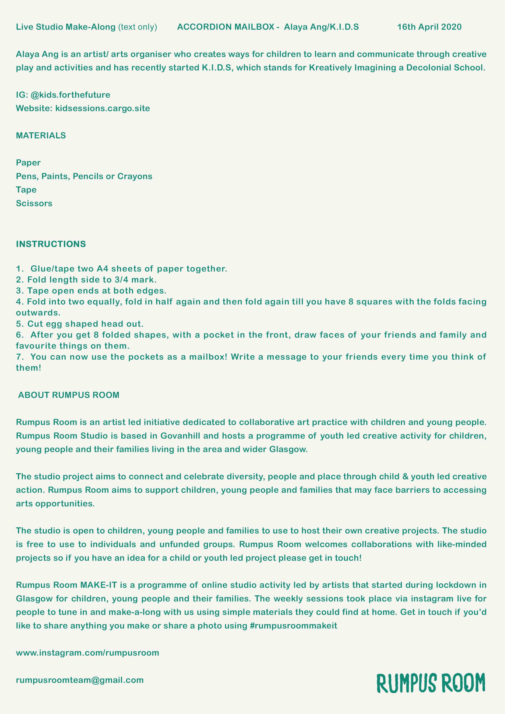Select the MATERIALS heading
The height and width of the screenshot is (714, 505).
[41, 136]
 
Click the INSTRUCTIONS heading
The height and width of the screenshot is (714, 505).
[51, 244]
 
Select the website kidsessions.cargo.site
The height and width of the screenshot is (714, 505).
[102, 108]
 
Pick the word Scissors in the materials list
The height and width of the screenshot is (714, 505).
[34, 203]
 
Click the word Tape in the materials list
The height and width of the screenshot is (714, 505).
[26, 190]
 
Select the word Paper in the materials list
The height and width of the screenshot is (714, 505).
[28, 163]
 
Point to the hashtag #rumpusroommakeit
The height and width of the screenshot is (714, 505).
[293, 625]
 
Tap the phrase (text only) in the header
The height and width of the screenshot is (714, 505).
[137, 27]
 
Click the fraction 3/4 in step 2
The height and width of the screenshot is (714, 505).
[121, 280]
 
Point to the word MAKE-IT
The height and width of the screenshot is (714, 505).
[98, 585]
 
